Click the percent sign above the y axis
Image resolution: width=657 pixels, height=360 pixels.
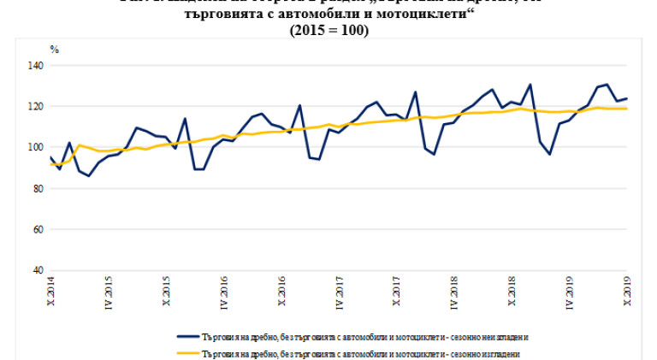point(54,50)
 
